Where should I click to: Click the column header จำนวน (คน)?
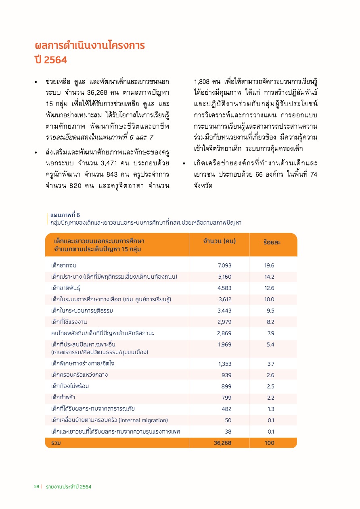220,241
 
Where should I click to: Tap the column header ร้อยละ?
272,242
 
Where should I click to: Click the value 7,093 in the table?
224,265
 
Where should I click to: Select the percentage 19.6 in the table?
269,265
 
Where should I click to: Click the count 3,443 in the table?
224,311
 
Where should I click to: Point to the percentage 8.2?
270,322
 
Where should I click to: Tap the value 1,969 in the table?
224,344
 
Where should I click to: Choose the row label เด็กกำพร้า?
63,398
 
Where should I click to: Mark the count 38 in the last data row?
228,432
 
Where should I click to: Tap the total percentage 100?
269,443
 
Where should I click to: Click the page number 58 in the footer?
36,487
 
